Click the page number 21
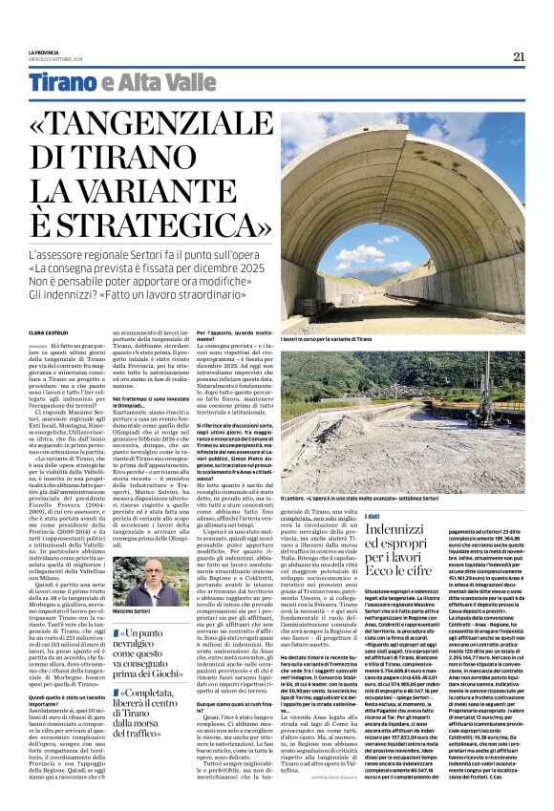pos(518,56)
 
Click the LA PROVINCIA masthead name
pos(44,53)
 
